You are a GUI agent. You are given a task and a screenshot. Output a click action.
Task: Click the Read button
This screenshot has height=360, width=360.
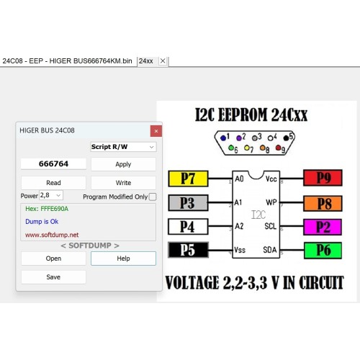53,183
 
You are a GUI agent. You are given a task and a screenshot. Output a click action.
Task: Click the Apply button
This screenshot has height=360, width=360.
123,164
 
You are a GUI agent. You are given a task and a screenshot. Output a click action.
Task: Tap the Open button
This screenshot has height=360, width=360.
53,258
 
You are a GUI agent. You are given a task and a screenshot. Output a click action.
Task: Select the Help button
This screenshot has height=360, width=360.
123,258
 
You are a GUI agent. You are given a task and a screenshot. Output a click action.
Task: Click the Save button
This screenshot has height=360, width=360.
53,277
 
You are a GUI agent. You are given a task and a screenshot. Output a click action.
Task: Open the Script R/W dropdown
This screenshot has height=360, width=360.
123,147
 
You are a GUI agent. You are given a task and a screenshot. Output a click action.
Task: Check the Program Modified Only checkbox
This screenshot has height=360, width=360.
153,197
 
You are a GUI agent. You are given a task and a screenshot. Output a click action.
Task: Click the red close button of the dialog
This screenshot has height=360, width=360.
156,131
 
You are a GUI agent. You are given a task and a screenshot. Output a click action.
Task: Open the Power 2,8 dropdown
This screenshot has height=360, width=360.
51,195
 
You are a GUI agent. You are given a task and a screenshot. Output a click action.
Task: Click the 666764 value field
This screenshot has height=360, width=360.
53,164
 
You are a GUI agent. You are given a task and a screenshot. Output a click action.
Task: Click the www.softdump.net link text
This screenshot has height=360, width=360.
52,235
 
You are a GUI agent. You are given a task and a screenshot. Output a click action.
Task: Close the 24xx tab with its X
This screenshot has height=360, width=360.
163,61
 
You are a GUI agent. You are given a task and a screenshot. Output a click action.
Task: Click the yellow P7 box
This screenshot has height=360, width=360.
188,179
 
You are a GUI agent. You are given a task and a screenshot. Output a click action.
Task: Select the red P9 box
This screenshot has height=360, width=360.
323,178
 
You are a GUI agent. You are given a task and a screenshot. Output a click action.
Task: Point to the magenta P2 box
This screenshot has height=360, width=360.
323,227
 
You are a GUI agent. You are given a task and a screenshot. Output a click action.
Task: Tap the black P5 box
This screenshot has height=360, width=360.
188,250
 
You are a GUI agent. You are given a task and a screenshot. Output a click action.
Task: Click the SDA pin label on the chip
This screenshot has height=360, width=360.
270,250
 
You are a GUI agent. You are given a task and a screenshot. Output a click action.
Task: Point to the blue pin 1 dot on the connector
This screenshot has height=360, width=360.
223,138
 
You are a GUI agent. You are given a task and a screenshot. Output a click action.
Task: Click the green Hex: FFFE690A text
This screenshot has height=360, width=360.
47,209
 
